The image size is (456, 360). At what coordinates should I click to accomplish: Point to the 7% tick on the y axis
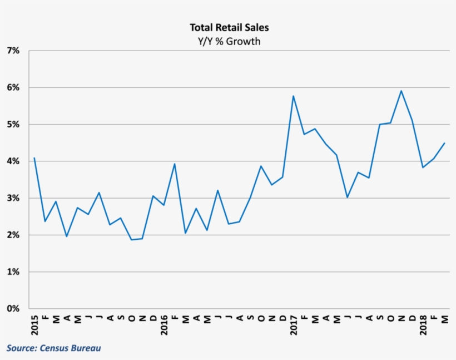(13, 51)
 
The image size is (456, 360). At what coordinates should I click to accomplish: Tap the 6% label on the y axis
(13, 87)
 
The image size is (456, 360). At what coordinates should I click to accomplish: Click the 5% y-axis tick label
(13, 124)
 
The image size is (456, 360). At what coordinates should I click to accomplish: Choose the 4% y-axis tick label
(13, 161)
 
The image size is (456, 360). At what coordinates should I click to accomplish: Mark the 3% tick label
(13, 198)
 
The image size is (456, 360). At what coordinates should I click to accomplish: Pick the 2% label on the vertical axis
(13, 235)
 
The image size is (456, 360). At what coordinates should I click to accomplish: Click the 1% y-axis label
(13, 272)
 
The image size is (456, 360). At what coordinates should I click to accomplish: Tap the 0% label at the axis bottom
(13, 309)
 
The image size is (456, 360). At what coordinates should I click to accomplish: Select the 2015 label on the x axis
(34, 324)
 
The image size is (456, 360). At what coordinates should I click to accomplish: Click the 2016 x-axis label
(164, 324)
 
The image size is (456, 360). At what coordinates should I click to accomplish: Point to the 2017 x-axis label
(294, 324)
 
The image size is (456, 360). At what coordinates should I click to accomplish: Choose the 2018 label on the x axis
(423, 324)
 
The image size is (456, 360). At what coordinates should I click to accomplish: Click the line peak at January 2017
(293, 96)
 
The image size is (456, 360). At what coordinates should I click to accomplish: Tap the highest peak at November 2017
(401, 91)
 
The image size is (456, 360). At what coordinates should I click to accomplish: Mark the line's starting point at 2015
(34, 158)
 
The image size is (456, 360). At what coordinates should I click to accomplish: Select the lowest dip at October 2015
(131, 240)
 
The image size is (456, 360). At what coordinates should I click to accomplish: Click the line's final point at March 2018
(444, 143)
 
